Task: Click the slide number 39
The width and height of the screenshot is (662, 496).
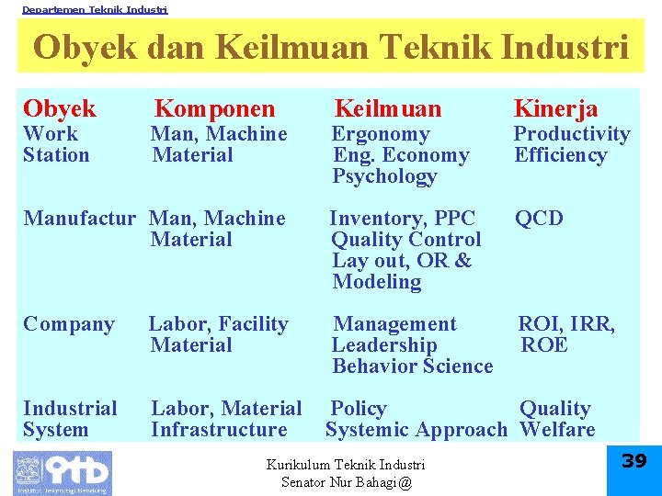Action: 634,461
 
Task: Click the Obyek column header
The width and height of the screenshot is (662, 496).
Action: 60,108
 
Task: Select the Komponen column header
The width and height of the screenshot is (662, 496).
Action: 214,108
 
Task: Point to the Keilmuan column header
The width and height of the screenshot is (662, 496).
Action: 387,108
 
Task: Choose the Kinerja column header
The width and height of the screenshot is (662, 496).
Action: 555,108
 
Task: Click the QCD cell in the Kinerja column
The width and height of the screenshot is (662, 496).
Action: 539,219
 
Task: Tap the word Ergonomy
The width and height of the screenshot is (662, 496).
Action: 381,134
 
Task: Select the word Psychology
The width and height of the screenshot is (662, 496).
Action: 384,176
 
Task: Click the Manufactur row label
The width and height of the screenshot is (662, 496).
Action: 79,219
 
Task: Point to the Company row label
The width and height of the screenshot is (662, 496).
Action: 69,324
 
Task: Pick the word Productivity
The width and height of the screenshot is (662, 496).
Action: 571,134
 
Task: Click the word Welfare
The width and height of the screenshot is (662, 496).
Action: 557,430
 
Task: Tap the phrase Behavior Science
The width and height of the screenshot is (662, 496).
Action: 413,366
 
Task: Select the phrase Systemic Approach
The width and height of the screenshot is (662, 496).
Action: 417,430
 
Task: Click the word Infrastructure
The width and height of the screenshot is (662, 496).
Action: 219,430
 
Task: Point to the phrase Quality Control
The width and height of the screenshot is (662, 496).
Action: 405,240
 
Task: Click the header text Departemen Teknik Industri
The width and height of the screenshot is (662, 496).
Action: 95,9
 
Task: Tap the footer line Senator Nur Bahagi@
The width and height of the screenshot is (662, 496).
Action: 347,482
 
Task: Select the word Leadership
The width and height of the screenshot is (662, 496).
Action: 384,345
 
